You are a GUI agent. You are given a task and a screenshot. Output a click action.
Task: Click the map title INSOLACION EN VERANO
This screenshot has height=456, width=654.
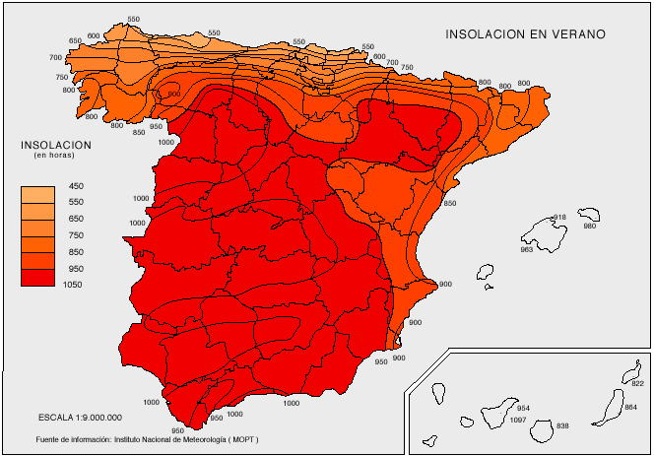524,33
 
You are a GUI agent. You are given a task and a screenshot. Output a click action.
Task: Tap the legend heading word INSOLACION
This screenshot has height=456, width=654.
56,145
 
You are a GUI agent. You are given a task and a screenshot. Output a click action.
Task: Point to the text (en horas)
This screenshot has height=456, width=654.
56,156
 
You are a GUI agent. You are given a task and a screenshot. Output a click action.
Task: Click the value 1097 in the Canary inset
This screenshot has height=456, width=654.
518,421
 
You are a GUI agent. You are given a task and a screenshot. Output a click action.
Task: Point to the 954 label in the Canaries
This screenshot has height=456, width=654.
523,408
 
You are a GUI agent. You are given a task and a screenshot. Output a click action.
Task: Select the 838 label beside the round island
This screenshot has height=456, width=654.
562,425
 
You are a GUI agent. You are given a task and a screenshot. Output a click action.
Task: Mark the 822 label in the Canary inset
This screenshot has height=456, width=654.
636,383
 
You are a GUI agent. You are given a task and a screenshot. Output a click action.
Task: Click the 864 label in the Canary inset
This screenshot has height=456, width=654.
631,406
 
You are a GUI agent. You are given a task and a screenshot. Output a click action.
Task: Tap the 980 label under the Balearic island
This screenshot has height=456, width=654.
590,227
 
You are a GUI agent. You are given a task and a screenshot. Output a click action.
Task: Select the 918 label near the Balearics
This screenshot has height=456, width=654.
559,217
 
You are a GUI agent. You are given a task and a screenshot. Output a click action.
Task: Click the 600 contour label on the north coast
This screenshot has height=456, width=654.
94,35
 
